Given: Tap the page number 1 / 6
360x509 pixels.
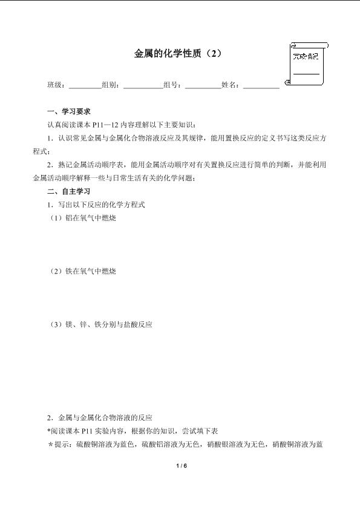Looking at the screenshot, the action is pos(180,465).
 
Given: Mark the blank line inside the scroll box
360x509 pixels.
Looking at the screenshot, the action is pos(306,74).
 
